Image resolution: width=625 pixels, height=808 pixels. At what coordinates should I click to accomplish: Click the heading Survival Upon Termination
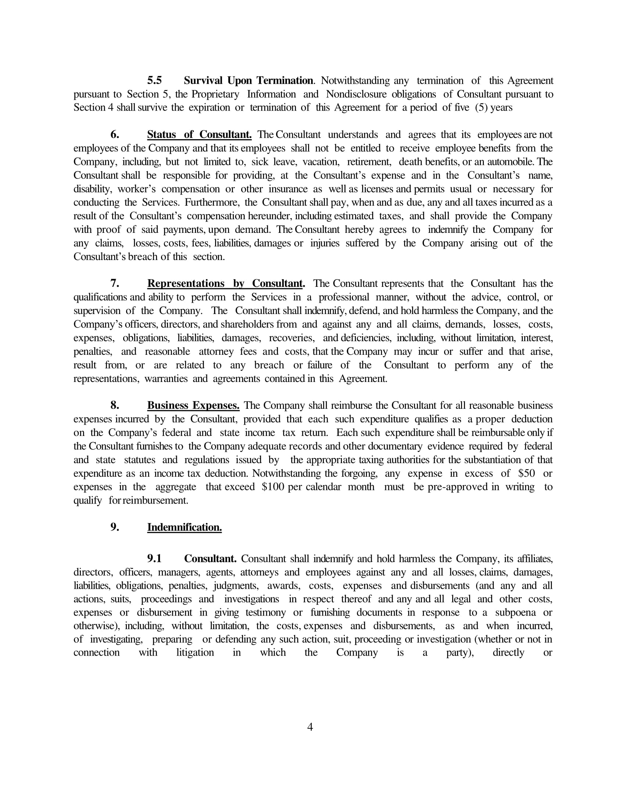249,81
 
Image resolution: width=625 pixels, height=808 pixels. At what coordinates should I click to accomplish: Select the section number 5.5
154,81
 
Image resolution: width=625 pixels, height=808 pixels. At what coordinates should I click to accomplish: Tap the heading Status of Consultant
199,135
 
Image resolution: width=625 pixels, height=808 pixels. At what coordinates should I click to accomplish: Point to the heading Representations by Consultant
225,284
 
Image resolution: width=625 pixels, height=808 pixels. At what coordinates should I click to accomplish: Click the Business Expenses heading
193,405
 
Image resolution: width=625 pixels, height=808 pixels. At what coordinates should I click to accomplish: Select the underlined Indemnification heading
185,527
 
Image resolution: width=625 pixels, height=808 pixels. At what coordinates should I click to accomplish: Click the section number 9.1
154,559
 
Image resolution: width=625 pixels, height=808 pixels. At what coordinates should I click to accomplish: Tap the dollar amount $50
527,473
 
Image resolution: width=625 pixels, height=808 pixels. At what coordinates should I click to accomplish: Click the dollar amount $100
273,487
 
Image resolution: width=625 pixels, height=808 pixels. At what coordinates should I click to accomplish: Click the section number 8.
115,405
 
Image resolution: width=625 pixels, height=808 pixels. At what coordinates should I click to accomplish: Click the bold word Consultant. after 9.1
210,559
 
